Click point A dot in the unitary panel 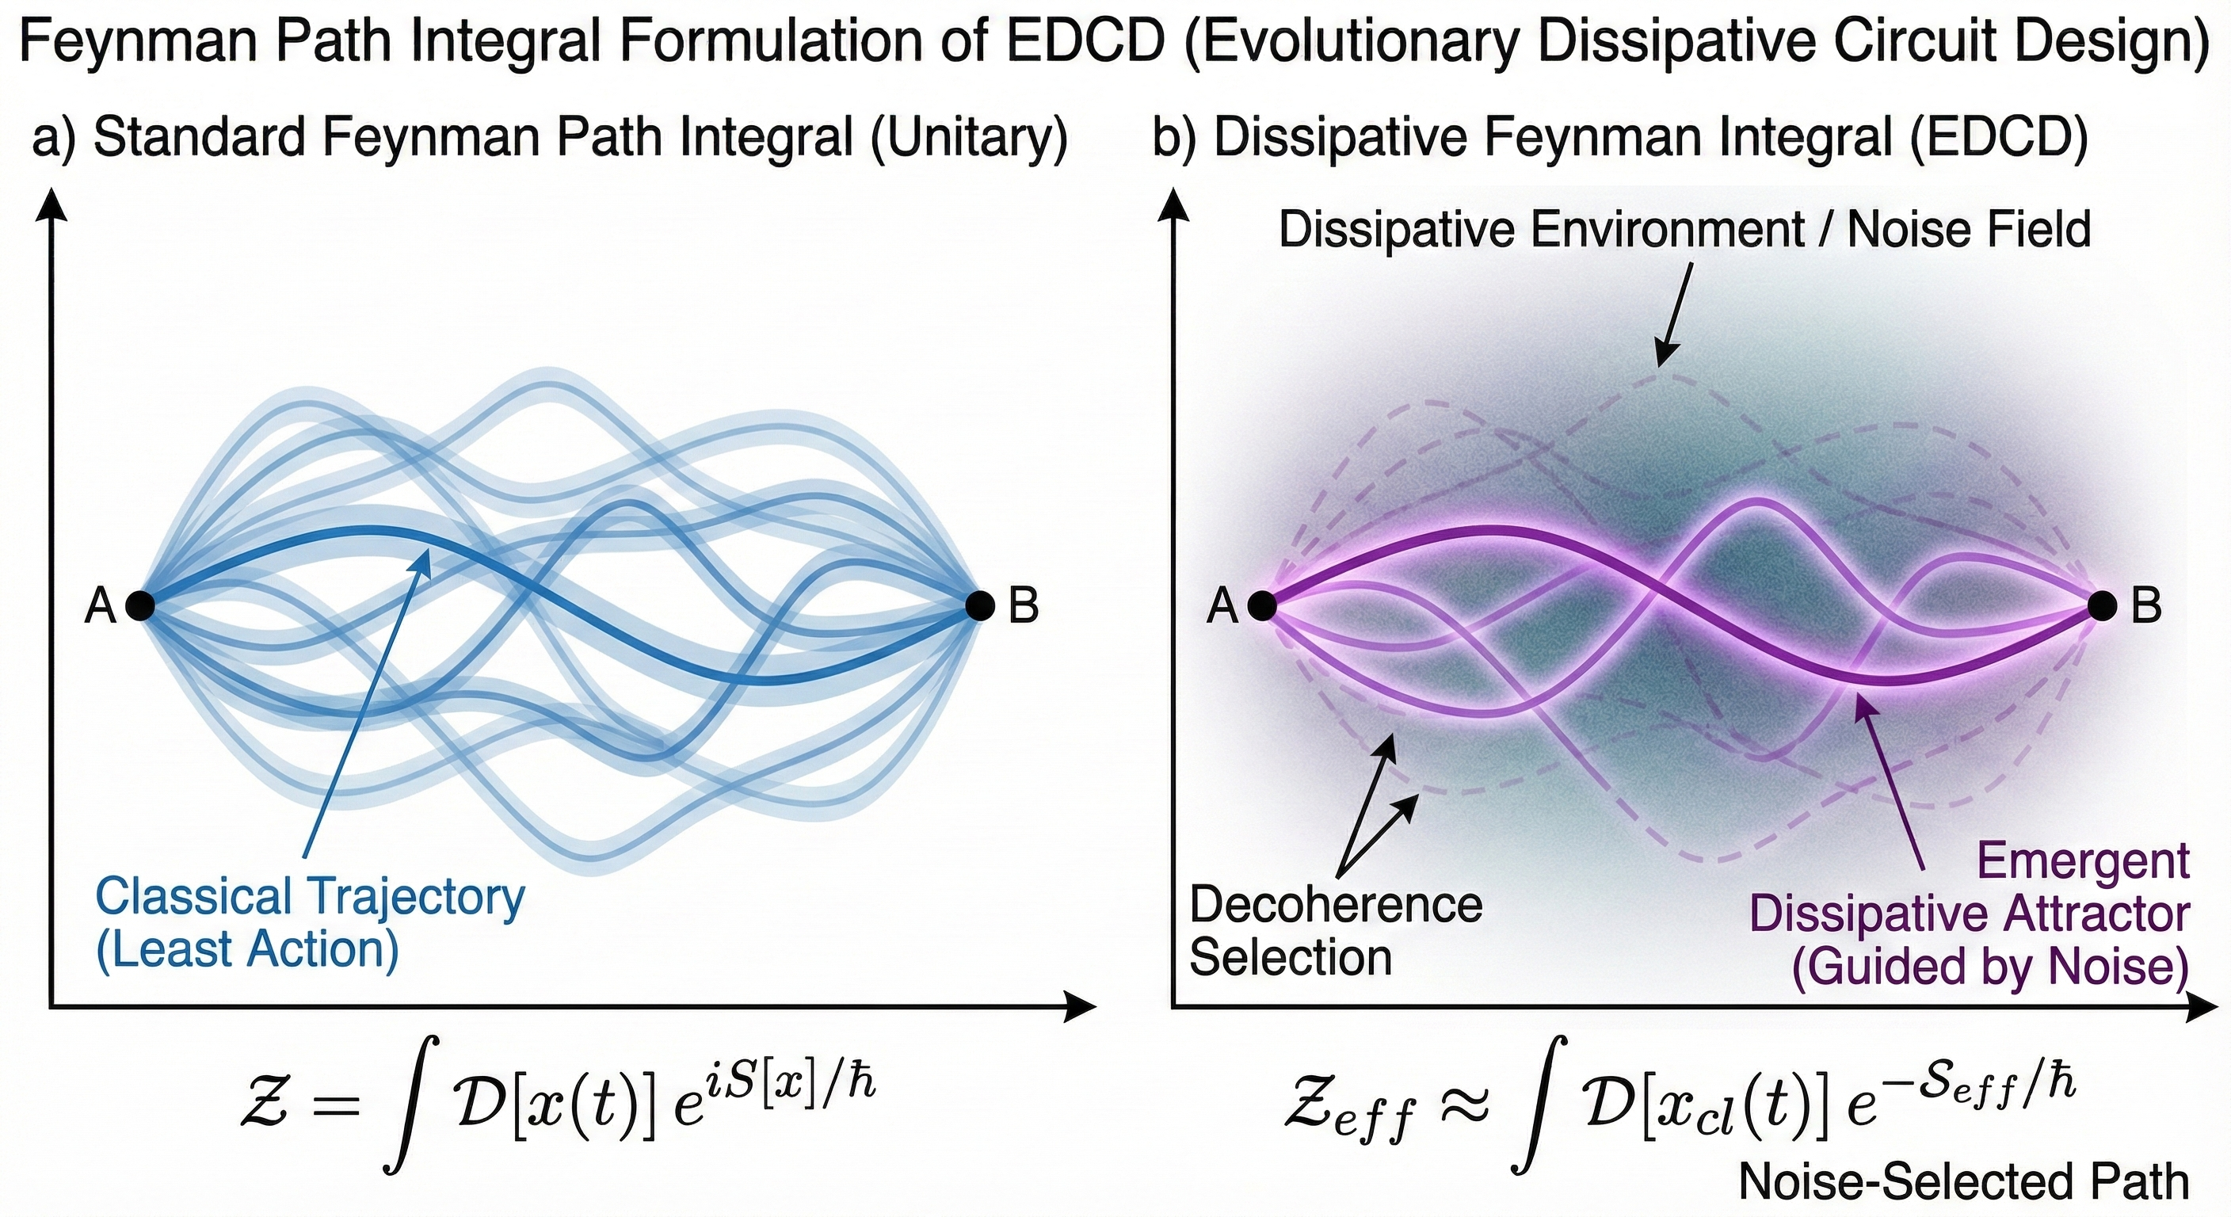coord(140,605)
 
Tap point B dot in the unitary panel coord(979,605)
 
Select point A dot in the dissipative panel coord(1262,605)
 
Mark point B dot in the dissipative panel coord(2102,605)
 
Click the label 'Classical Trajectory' coord(309,898)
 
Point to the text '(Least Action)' coord(247,950)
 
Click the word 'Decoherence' coord(1336,905)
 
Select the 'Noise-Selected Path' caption coord(1963,1181)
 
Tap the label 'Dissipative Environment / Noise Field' coord(1684,231)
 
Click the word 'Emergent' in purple coord(2083,862)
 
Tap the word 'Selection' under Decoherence coord(1291,958)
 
